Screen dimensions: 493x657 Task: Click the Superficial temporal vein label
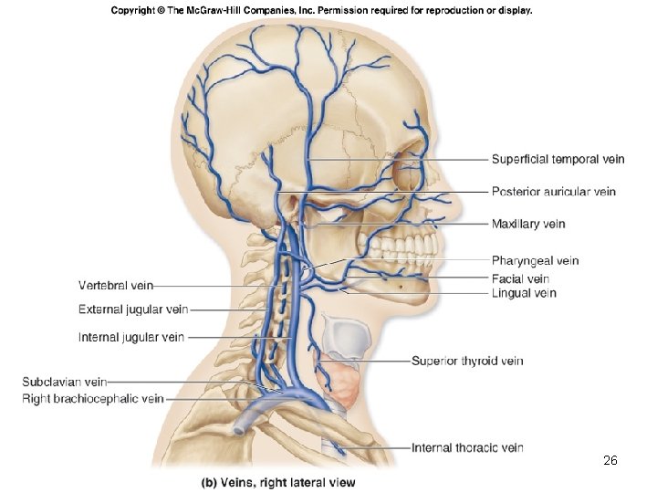tap(558, 159)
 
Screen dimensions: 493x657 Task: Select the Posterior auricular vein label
tap(553, 192)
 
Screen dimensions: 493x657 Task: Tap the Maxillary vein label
tap(528, 224)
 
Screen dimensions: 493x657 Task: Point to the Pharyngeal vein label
tap(535, 261)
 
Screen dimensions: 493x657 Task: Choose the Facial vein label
tap(520, 278)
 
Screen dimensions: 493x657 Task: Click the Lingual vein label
tap(524, 293)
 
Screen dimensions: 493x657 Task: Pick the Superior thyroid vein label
tap(467, 361)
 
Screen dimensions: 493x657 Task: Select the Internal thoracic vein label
tap(467, 447)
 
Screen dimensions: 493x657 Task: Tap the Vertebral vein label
tap(116, 286)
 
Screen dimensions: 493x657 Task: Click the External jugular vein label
tap(133, 309)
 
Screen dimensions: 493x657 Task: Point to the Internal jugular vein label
tap(131, 337)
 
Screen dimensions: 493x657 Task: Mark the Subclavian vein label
tap(64, 382)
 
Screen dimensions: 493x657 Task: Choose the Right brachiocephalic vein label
tap(93, 398)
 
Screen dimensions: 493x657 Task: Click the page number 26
tap(610, 461)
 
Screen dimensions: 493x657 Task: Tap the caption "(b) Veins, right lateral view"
tap(278, 481)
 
